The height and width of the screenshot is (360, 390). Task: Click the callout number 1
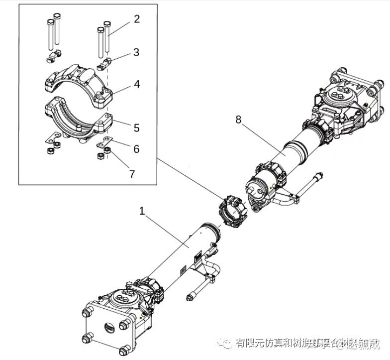[142, 211]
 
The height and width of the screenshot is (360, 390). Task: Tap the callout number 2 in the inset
[137, 19]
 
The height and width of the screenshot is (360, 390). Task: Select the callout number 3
[136, 52]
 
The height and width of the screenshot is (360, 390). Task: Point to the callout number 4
[136, 84]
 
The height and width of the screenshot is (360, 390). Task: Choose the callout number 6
[136, 149]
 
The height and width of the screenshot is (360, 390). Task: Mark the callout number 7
[132, 174]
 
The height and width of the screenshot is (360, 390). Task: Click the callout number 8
[238, 120]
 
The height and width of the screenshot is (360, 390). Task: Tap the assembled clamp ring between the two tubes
[231, 212]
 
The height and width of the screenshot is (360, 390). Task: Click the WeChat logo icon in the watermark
[227, 343]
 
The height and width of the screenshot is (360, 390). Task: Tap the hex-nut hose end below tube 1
[189, 298]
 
